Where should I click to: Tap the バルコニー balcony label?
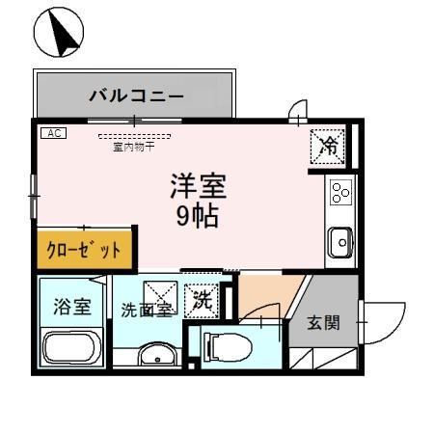(x=136, y=96)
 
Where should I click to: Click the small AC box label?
(x=53, y=134)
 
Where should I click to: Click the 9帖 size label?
(x=196, y=215)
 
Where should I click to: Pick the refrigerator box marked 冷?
(x=329, y=147)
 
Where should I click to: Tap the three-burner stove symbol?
(x=340, y=194)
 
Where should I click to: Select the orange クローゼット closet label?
(x=85, y=250)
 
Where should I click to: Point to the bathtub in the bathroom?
(x=71, y=350)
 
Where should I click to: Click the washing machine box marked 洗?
(x=203, y=300)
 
